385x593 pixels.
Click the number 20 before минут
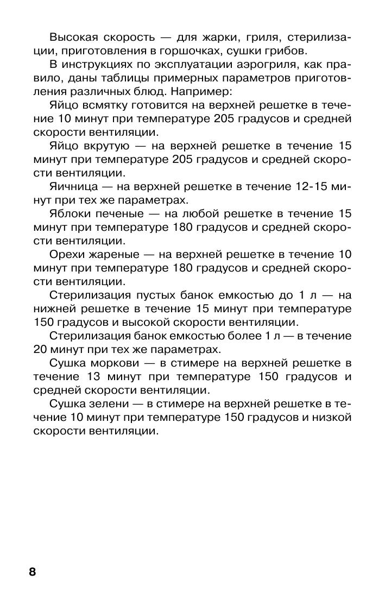tap(41, 349)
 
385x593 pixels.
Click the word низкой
tap(330, 417)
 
